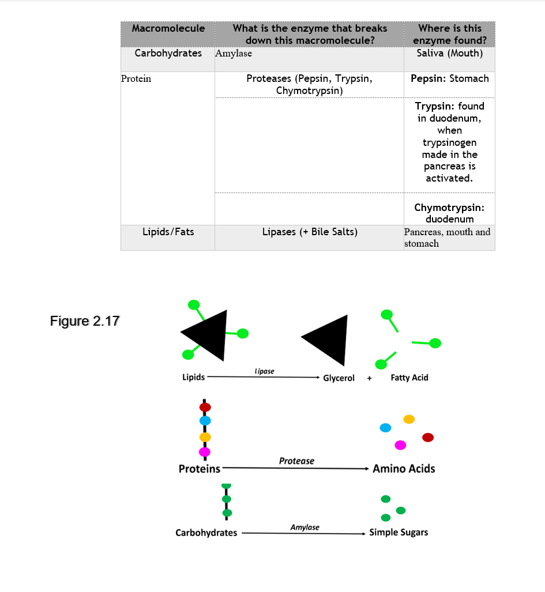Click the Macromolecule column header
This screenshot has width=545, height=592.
pos(168,28)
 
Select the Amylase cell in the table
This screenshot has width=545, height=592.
pos(234,54)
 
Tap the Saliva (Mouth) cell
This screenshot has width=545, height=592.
pos(449,53)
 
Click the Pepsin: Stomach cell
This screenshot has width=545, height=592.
pos(449,78)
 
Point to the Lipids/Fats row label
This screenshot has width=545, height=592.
pos(168,232)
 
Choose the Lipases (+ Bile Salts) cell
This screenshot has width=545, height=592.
pos(310,232)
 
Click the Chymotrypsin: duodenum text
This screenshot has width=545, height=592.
pos(449,213)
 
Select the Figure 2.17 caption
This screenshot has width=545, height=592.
pos(85,321)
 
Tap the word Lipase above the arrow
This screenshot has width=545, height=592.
pos(264,371)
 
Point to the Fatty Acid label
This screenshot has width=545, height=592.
pos(409,378)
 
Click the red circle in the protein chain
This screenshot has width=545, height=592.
pos(205,407)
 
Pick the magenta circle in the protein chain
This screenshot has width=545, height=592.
pos(205,451)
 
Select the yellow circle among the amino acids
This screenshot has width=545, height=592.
pos(409,419)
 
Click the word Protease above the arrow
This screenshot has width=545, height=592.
pos(296,461)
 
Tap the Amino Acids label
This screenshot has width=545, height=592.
pos(404,469)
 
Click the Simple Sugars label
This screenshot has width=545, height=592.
pos(399,532)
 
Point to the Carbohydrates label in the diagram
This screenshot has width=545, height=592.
pos(206,533)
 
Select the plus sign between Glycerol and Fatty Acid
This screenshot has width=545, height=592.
pos(369,379)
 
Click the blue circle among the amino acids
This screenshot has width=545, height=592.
pos(385,428)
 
